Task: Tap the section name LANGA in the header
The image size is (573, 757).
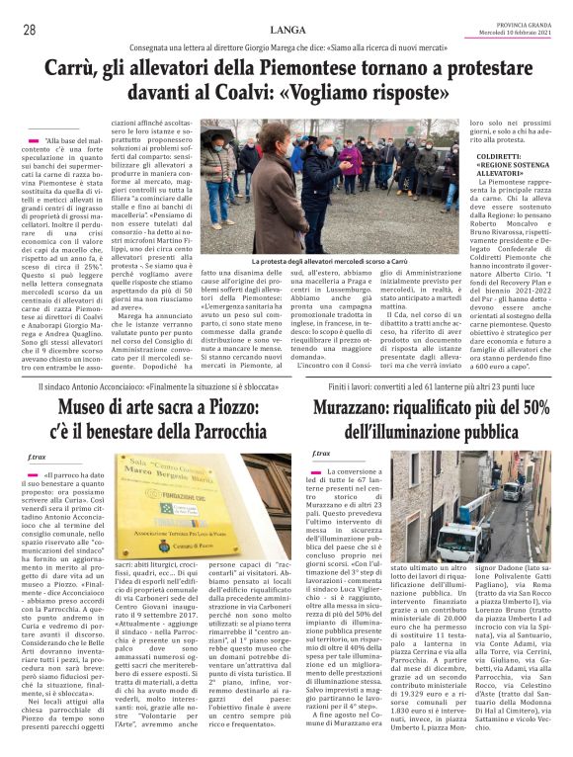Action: (286, 30)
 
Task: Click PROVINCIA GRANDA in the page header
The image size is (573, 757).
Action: (529, 26)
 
